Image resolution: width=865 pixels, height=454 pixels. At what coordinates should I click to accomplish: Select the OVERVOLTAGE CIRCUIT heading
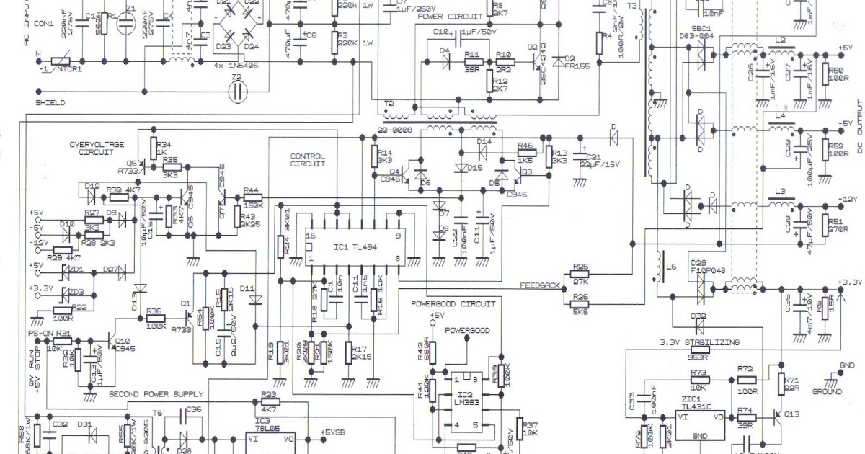point(97,148)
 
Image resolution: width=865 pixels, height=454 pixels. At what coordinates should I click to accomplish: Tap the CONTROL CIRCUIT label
point(307,160)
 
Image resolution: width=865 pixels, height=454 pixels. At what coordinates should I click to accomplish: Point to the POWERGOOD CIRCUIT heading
point(453,304)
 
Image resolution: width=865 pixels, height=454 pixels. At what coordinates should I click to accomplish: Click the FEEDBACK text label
point(540,286)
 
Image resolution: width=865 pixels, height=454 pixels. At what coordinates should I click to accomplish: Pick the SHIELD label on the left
point(50,103)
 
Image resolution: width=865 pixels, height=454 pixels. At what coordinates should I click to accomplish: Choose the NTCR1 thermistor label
point(69,70)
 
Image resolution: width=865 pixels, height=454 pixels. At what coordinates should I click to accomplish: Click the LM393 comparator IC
point(468,401)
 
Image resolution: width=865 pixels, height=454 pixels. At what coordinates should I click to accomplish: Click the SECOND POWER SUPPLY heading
point(156,394)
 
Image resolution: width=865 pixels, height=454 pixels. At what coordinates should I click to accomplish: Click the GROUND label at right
point(827,392)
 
